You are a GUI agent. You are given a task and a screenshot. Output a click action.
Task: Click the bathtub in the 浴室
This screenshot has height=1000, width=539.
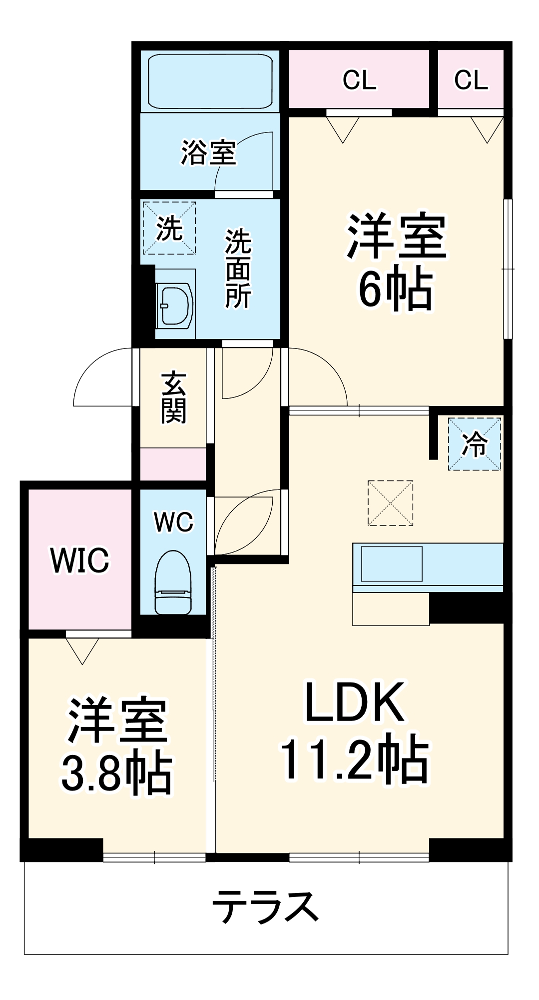click(210, 81)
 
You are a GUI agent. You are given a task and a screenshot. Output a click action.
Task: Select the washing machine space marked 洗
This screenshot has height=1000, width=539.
click(169, 228)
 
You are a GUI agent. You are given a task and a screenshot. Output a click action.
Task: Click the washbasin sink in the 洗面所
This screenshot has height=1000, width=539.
click(174, 305)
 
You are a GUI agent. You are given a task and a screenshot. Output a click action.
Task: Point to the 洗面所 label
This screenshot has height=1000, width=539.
click(238, 269)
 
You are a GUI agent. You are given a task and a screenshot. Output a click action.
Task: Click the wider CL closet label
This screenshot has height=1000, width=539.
click(359, 80)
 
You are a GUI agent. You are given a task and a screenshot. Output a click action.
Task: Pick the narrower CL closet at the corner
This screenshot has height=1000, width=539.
click(471, 80)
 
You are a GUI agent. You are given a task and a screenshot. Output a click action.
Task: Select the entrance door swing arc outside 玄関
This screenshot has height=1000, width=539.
click(102, 377)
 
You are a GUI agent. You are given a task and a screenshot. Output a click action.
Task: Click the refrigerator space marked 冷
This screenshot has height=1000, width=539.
click(474, 443)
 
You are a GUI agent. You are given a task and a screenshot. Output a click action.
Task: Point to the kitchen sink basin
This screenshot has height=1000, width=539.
click(392, 563)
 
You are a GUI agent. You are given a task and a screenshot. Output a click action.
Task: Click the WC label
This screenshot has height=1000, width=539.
click(173, 522)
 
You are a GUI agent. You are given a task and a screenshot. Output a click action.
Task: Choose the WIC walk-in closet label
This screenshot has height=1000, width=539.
click(79, 560)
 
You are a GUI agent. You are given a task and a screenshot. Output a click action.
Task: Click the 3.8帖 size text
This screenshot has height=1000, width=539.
click(117, 773)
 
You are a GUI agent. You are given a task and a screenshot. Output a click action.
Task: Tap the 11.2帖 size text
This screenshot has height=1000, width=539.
click(355, 760)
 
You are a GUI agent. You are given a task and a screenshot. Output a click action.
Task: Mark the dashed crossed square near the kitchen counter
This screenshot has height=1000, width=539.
click(390, 503)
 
